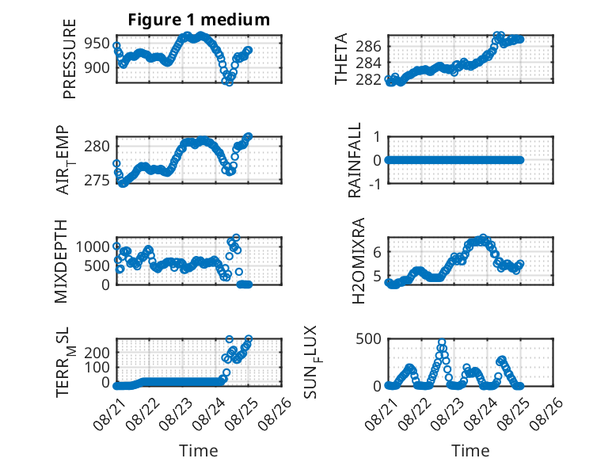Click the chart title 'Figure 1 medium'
pyautogui.click(x=199, y=20)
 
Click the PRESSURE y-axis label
pyautogui.click(x=69, y=59)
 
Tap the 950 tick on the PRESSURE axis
pyautogui.click(x=97, y=44)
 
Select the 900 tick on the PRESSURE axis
pyautogui.click(x=97, y=67)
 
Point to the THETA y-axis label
pyautogui.click(x=341, y=59)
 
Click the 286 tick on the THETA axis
pyautogui.click(x=368, y=47)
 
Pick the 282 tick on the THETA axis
pyautogui.click(x=368, y=79)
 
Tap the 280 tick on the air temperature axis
pyautogui.click(x=97, y=147)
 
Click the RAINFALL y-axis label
pyautogui.click(x=355, y=160)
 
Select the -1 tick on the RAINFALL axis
pyautogui.click(x=375, y=184)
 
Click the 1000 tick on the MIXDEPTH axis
pyautogui.click(x=93, y=247)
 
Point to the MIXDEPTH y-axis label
pyautogui.click(x=61, y=262)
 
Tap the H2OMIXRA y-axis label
pyautogui.click(x=359, y=261)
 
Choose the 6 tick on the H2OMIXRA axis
pyautogui.click(x=377, y=252)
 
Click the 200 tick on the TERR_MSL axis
pyautogui.click(x=97, y=353)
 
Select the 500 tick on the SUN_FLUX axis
pyautogui.click(x=368, y=338)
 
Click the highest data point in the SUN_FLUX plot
pyautogui.click(x=442, y=342)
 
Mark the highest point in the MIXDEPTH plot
pyautogui.click(x=236, y=238)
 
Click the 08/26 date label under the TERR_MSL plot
pyautogui.click(x=276, y=413)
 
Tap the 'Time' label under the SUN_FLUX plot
pyautogui.click(x=470, y=450)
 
